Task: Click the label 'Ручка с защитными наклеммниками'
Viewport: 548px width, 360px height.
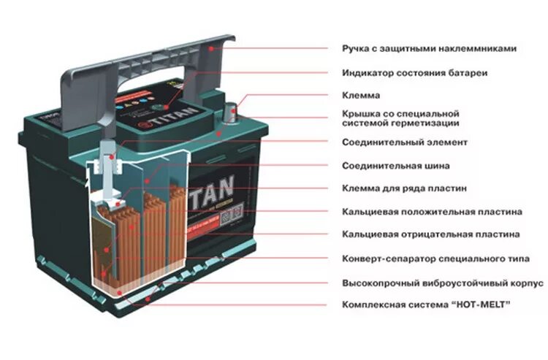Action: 429,48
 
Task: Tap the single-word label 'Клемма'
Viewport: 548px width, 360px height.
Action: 361,96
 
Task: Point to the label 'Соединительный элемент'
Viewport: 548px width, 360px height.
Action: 405,142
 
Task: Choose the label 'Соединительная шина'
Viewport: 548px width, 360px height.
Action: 396,165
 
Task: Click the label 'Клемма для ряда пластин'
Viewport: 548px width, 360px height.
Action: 404,188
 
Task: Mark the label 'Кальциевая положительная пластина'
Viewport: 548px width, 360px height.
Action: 432,212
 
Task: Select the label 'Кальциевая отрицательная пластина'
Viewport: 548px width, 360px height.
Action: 431,234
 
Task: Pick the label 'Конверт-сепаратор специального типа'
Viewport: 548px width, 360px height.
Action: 435,258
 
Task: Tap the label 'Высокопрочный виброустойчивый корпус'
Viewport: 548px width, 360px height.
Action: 443,282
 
